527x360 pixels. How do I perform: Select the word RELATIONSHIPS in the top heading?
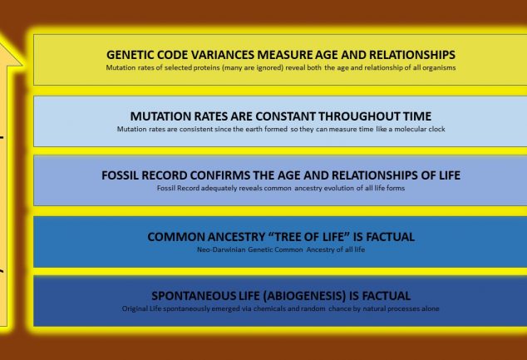[x=402, y=54]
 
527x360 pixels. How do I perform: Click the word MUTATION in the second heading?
[x=164, y=116]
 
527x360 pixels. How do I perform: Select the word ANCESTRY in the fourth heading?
[x=232, y=236]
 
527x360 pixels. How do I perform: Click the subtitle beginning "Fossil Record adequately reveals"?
[x=280, y=189]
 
